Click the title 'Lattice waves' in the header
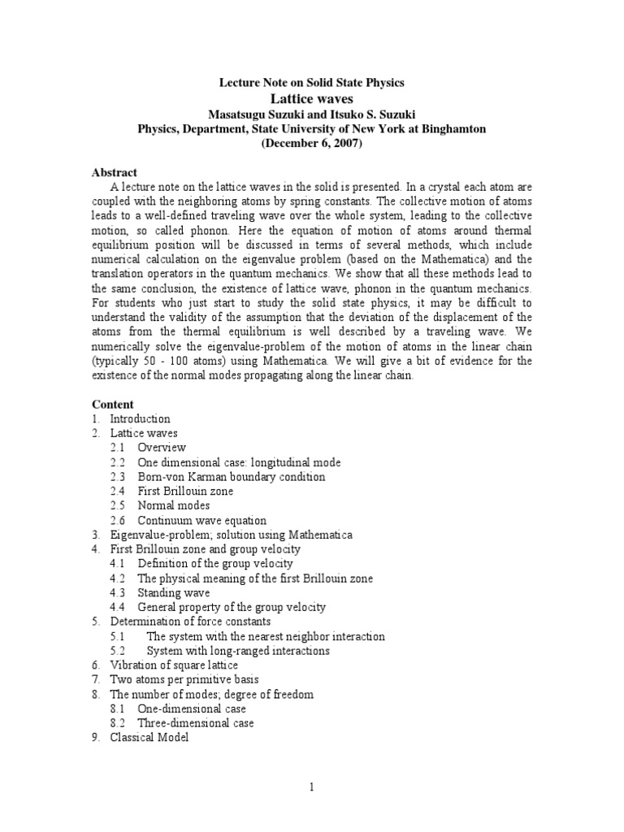(313, 98)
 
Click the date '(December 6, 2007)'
(313, 143)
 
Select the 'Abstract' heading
(115, 173)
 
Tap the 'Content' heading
(113, 404)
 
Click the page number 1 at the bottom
(311, 787)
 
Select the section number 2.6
(119, 521)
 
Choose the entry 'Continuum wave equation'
(201, 521)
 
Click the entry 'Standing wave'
(174, 593)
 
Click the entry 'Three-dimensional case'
(196, 723)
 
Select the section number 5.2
(119, 651)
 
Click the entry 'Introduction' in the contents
(140, 419)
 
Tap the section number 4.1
(119, 564)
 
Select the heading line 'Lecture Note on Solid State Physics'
(313, 83)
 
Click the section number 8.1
(119, 708)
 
